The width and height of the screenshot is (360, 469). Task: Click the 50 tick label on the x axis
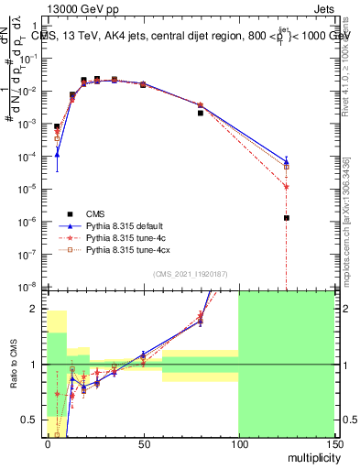143,443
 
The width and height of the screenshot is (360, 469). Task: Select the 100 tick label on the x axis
238,443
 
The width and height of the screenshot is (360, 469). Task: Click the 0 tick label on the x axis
48,443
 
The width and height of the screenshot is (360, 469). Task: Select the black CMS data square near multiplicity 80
201,113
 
